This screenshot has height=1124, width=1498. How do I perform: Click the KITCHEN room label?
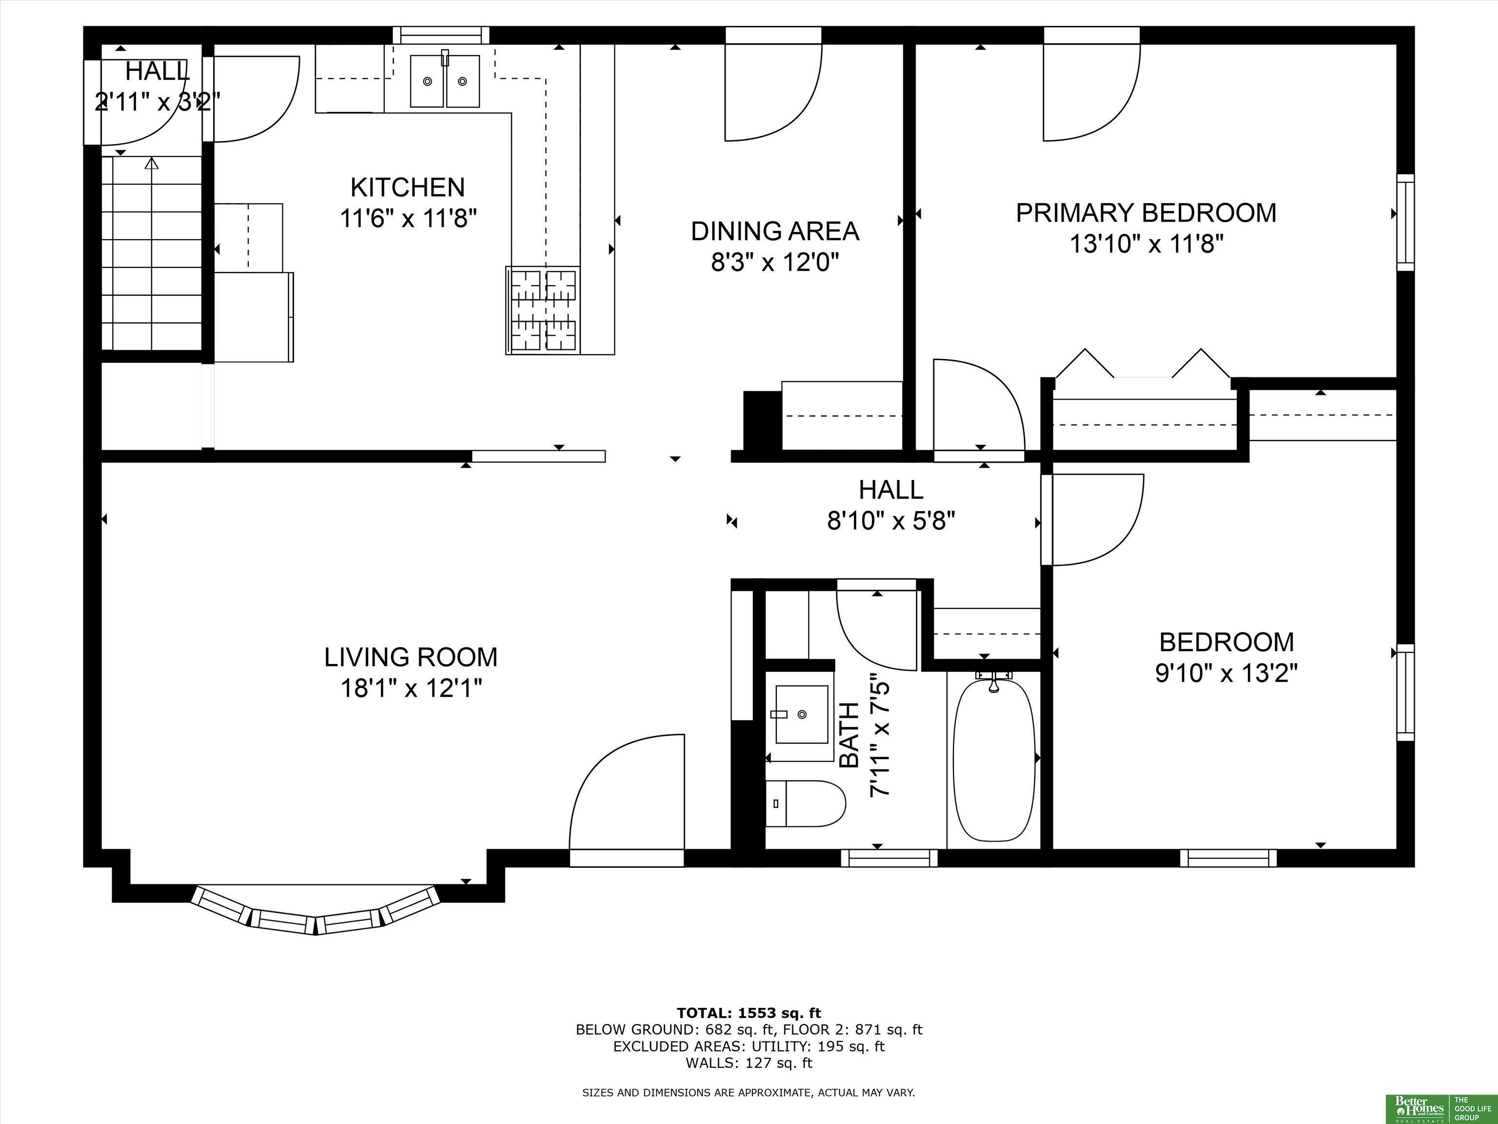coord(407,187)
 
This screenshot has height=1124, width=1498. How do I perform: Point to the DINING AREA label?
coord(775,231)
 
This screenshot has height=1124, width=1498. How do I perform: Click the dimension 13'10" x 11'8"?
coord(1146,244)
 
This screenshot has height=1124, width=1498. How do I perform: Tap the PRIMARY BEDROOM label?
coord(1146,213)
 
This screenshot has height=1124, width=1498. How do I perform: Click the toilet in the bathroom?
coord(805,803)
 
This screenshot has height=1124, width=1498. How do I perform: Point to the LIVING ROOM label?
coord(411,657)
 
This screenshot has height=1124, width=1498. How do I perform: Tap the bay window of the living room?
coord(315,909)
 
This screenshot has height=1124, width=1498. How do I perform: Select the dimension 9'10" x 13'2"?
coord(1226,673)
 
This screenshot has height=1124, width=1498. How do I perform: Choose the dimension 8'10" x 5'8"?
coord(891,521)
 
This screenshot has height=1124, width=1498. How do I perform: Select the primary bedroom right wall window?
coord(1406,222)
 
